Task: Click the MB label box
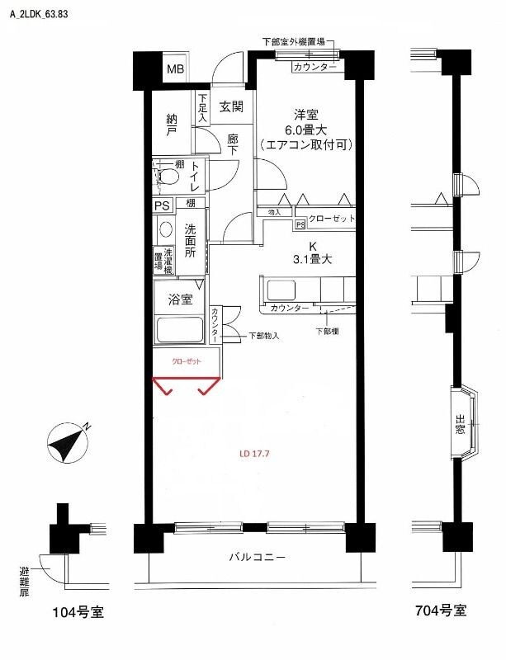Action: [x=176, y=68]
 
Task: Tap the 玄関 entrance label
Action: [x=231, y=106]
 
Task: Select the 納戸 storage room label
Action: [x=172, y=125]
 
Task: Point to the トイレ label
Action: [x=196, y=177]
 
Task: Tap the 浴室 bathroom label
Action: [x=181, y=299]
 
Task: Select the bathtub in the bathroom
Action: [x=180, y=330]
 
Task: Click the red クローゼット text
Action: [x=185, y=361]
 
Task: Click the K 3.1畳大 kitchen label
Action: [x=313, y=253]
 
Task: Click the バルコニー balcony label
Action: [x=258, y=557]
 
